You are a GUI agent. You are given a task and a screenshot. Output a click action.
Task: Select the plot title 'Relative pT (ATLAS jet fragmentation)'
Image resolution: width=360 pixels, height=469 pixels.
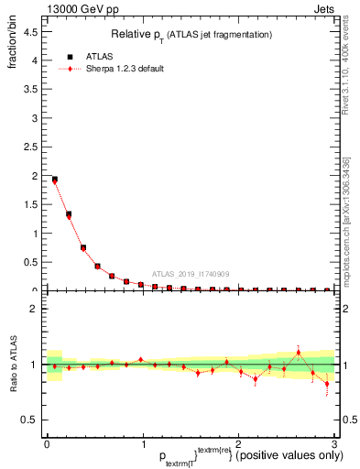click(190, 34)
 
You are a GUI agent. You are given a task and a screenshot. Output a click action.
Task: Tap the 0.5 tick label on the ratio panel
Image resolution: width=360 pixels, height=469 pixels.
click(29, 420)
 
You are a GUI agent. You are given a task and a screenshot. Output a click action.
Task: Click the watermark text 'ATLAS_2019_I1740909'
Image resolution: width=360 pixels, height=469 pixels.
click(191, 274)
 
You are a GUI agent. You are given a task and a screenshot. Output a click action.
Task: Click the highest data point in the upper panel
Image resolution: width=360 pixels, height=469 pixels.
click(54, 180)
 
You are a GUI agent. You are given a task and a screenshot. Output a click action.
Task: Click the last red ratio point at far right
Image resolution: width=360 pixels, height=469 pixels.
click(327, 384)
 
